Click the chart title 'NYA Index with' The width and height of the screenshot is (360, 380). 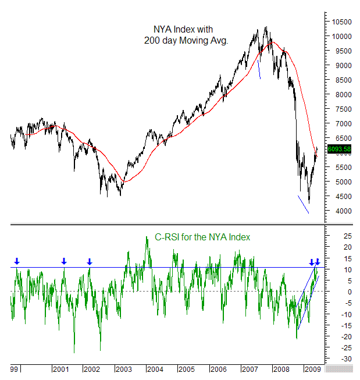tap(181, 29)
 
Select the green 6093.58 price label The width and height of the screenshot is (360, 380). tap(339, 149)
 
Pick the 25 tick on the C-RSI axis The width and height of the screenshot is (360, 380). tap(331, 236)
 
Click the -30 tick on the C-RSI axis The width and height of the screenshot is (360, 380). tap(331, 358)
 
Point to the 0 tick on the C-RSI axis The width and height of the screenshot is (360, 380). tap(329, 292)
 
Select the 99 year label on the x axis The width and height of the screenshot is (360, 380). tap(14, 369)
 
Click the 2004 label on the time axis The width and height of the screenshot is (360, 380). tap(154, 369)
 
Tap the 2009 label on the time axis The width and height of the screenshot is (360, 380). tap(313, 369)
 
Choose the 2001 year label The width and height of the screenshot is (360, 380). tap(60, 369)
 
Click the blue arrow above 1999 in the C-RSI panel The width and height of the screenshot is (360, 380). tap(17, 262)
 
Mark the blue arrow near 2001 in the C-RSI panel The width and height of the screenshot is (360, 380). tap(64, 262)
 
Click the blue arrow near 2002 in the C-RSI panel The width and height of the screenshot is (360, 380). tap(90, 262)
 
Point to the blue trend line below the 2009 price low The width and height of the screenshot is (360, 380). tap(303, 204)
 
